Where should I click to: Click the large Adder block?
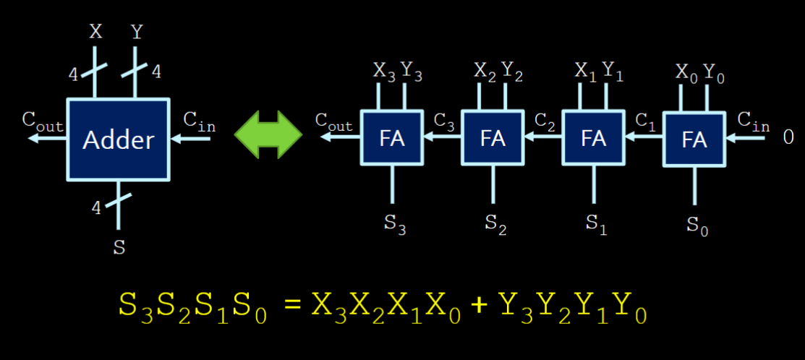(x=119, y=139)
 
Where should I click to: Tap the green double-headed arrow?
(x=268, y=135)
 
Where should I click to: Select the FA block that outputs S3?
(x=391, y=138)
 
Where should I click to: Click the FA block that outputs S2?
(x=493, y=138)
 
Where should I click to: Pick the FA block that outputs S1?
(x=593, y=138)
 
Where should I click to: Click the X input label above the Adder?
(x=95, y=32)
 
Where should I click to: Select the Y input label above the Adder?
(x=137, y=32)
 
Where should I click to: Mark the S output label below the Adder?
(x=119, y=248)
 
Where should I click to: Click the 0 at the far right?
(x=788, y=137)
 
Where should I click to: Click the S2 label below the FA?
(x=495, y=223)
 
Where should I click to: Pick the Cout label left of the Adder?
(x=43, y=121)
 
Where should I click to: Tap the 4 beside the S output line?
(x=96, y=208)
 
